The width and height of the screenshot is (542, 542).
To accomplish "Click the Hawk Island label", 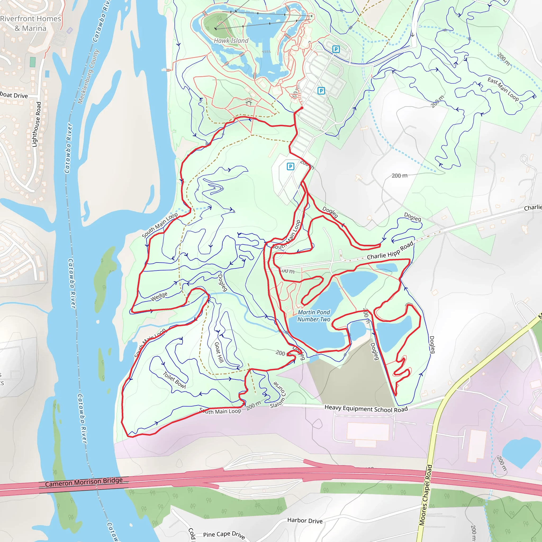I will tap(231, 41).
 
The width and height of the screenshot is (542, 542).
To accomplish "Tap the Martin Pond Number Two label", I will tap(314, 316).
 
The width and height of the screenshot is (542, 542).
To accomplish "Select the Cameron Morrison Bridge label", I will tap(84, 482).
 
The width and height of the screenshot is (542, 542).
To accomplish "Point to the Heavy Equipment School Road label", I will tap(366, 408).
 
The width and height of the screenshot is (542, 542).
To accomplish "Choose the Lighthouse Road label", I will tap(37, 124).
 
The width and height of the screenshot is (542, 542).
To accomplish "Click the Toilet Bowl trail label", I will tap(174, 380).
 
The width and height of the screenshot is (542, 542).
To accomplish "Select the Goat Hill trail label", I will tap(219, 352).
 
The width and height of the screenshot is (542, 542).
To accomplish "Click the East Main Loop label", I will tap(503, 89).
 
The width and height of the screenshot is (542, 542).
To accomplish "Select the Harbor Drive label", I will tap(305, 521).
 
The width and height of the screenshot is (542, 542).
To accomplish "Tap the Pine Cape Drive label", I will tap(224, 535).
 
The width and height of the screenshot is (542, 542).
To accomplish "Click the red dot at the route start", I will tap(302, 108).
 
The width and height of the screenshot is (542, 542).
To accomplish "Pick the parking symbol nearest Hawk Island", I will tap(336, 49).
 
